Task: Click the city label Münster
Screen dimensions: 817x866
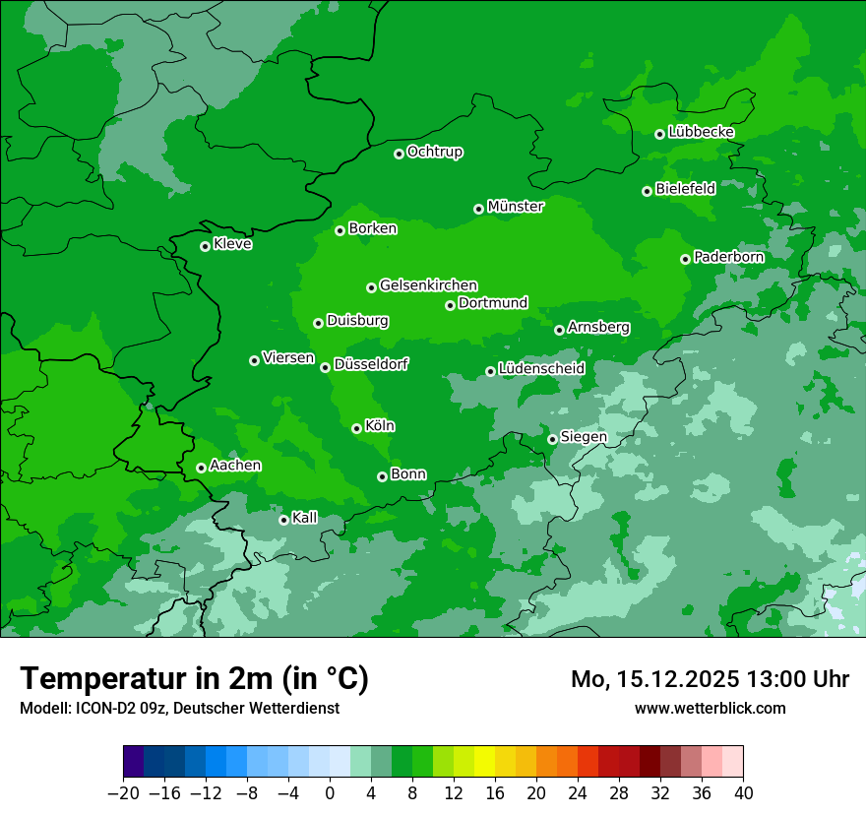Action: (x=516, y=207)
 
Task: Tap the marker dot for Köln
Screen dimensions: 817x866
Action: (x=356, y=428)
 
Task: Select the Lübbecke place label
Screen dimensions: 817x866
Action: (x=701, y=132)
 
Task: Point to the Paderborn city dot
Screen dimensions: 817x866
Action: (x=685, y=259)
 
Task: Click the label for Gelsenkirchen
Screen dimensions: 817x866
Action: (x=428, y=285)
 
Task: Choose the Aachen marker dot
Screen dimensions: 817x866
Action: (x=201, y=468)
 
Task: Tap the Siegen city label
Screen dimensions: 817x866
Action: (x=584, y=436)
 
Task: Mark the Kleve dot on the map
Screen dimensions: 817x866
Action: (x=205, y=246)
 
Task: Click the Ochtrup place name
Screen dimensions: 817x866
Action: (x=435, y=152)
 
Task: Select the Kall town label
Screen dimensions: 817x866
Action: (x=305, y=518)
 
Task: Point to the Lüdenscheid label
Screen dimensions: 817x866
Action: (x=541, y=369)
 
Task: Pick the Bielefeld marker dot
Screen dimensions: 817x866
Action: (x=647, y=191)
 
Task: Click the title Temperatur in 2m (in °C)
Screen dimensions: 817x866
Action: (x=194, y=678)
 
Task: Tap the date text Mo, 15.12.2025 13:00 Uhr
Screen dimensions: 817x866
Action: (x=710, y=679)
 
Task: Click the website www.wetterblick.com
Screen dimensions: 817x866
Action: (x=710, y=708)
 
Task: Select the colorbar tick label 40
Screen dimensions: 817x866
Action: (x=743, y=793)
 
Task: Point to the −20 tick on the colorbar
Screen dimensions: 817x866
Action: (x=123, y=793)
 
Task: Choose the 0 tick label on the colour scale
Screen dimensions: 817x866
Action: (x=330, y=793)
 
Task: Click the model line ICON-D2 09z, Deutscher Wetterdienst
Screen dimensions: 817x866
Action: (x=179, y=708)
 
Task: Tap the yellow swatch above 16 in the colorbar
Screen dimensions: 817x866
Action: (x=484, y=762)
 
